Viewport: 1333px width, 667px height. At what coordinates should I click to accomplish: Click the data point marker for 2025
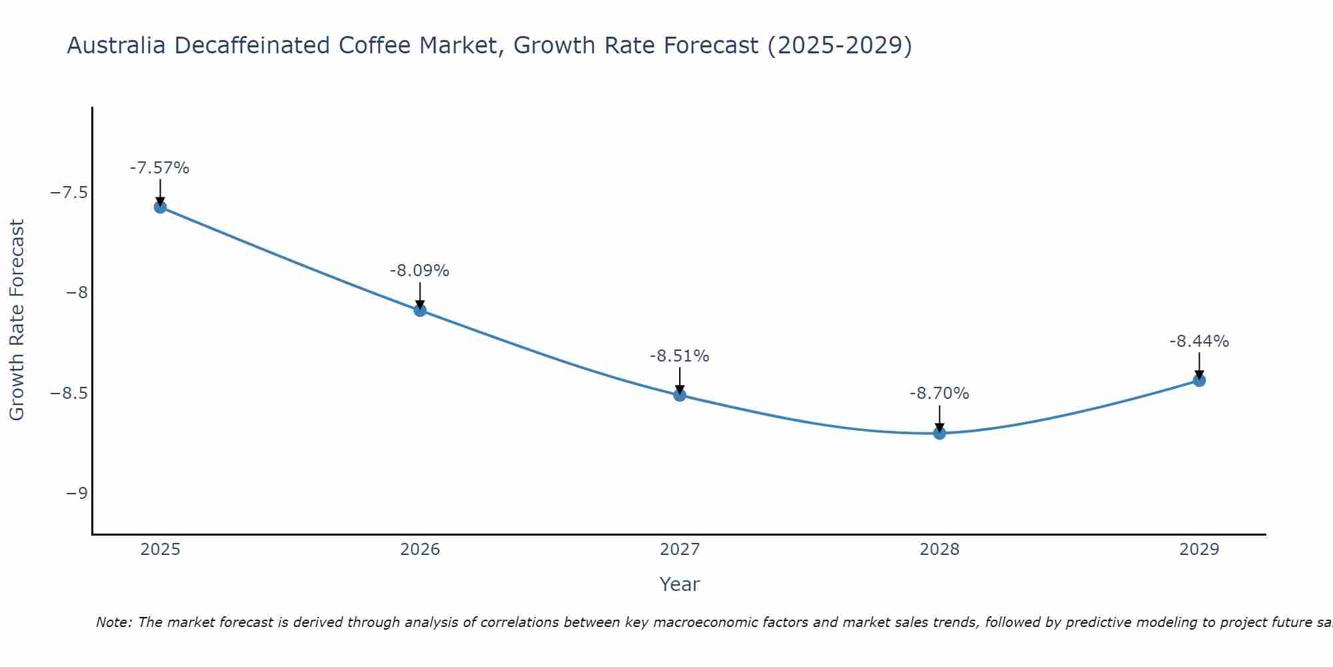point(160,207)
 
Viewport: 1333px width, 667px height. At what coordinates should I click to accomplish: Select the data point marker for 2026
point(420,310)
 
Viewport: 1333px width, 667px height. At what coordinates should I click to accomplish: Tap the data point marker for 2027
point(680,395)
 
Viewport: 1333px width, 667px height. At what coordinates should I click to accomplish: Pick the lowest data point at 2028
point(940,433)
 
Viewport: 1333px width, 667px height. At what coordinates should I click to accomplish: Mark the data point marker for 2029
point(1199,380)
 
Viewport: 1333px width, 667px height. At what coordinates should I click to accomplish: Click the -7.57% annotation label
point(160,168)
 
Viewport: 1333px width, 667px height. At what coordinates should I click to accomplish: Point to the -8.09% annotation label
point(420,271)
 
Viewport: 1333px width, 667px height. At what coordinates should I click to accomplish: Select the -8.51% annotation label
point(680,356)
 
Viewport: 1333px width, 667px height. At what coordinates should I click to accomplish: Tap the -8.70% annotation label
point(940,394)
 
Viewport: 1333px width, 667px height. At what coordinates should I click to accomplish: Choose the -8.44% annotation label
point(1199,342)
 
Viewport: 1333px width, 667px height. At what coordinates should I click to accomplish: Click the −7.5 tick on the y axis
point(69,193)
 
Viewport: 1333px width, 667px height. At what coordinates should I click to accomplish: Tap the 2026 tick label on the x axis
point(420,550)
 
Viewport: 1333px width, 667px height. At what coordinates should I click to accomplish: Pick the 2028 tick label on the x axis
point(940,550)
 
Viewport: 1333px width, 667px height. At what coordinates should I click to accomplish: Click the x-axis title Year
point(680,584)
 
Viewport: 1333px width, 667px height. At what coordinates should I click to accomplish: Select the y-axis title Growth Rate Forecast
point(17,320)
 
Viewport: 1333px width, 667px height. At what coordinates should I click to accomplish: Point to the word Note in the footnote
point(113,622)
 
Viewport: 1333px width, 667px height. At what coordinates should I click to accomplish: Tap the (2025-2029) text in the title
point(840,45)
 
